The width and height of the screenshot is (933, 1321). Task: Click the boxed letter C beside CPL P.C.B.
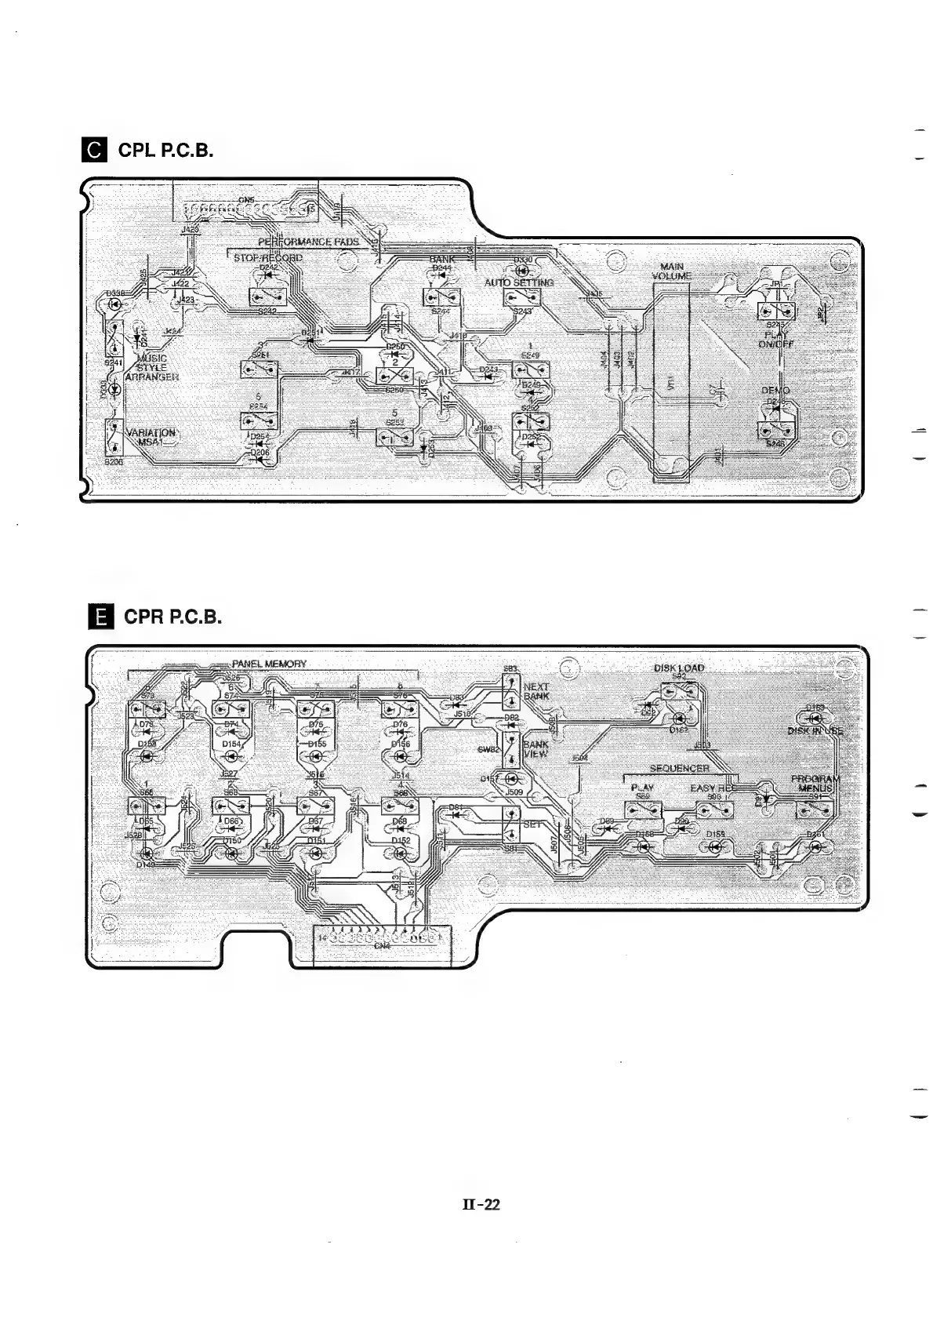click(96, 150)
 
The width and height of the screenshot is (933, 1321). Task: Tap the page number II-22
click(481, 1205)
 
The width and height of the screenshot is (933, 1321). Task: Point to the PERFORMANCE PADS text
click(309, 242)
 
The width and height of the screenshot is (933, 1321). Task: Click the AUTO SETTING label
click(518, 282)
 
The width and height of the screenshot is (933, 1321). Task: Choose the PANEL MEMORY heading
click(269, 664)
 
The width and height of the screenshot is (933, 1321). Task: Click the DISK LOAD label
click(679, 668)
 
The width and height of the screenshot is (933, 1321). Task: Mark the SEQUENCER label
click(679, 768)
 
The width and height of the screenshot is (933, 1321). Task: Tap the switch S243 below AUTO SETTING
click(520, 298)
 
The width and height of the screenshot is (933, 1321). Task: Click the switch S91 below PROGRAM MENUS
click(814, 810)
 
